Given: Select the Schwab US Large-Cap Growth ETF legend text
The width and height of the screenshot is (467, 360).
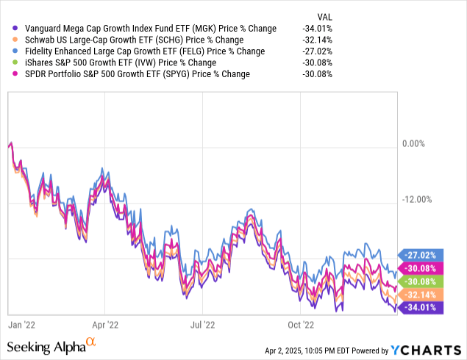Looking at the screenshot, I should coord(132,40).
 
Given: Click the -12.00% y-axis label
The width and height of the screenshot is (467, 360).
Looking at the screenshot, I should coord(416,199).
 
